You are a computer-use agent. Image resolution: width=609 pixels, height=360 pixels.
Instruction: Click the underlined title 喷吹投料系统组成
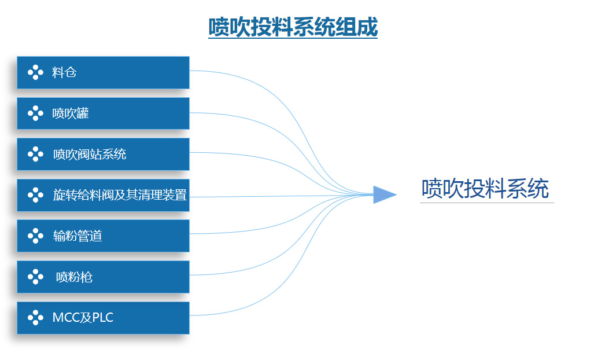coord(293,27)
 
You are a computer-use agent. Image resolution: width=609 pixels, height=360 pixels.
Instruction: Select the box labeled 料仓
coord(103,72)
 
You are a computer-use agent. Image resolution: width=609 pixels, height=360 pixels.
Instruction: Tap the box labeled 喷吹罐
coord(103,113)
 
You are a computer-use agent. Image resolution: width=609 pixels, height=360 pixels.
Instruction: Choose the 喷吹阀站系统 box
coord(103,154)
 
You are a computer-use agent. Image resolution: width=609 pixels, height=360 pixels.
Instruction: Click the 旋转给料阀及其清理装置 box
coord(103,195)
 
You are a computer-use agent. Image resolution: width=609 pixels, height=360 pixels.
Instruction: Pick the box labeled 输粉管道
coord(103,236)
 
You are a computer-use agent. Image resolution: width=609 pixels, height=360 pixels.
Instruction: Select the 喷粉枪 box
coord(103,277)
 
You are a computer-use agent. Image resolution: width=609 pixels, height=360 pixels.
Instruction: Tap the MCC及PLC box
coord(103,318)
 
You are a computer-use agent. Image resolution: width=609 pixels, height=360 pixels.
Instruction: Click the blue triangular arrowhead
coord(383,194)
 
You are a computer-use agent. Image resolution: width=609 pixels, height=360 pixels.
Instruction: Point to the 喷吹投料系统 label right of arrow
coord(485,189)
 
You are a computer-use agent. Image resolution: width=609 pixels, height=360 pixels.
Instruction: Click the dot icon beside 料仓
coord(36,72)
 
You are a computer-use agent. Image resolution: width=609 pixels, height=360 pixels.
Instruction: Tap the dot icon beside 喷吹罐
coord(36,113)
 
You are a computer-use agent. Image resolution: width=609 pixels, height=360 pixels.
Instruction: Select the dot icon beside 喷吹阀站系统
coord(36,154)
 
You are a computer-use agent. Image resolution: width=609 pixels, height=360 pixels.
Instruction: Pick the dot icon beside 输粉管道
coord(36,236)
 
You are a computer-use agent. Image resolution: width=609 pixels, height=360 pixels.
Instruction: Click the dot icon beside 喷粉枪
coord(36,277)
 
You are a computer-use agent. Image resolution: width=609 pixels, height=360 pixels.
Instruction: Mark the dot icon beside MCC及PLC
coord(36,318)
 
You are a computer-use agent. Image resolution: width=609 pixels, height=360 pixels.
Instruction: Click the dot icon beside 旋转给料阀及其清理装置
coord(36,195)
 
